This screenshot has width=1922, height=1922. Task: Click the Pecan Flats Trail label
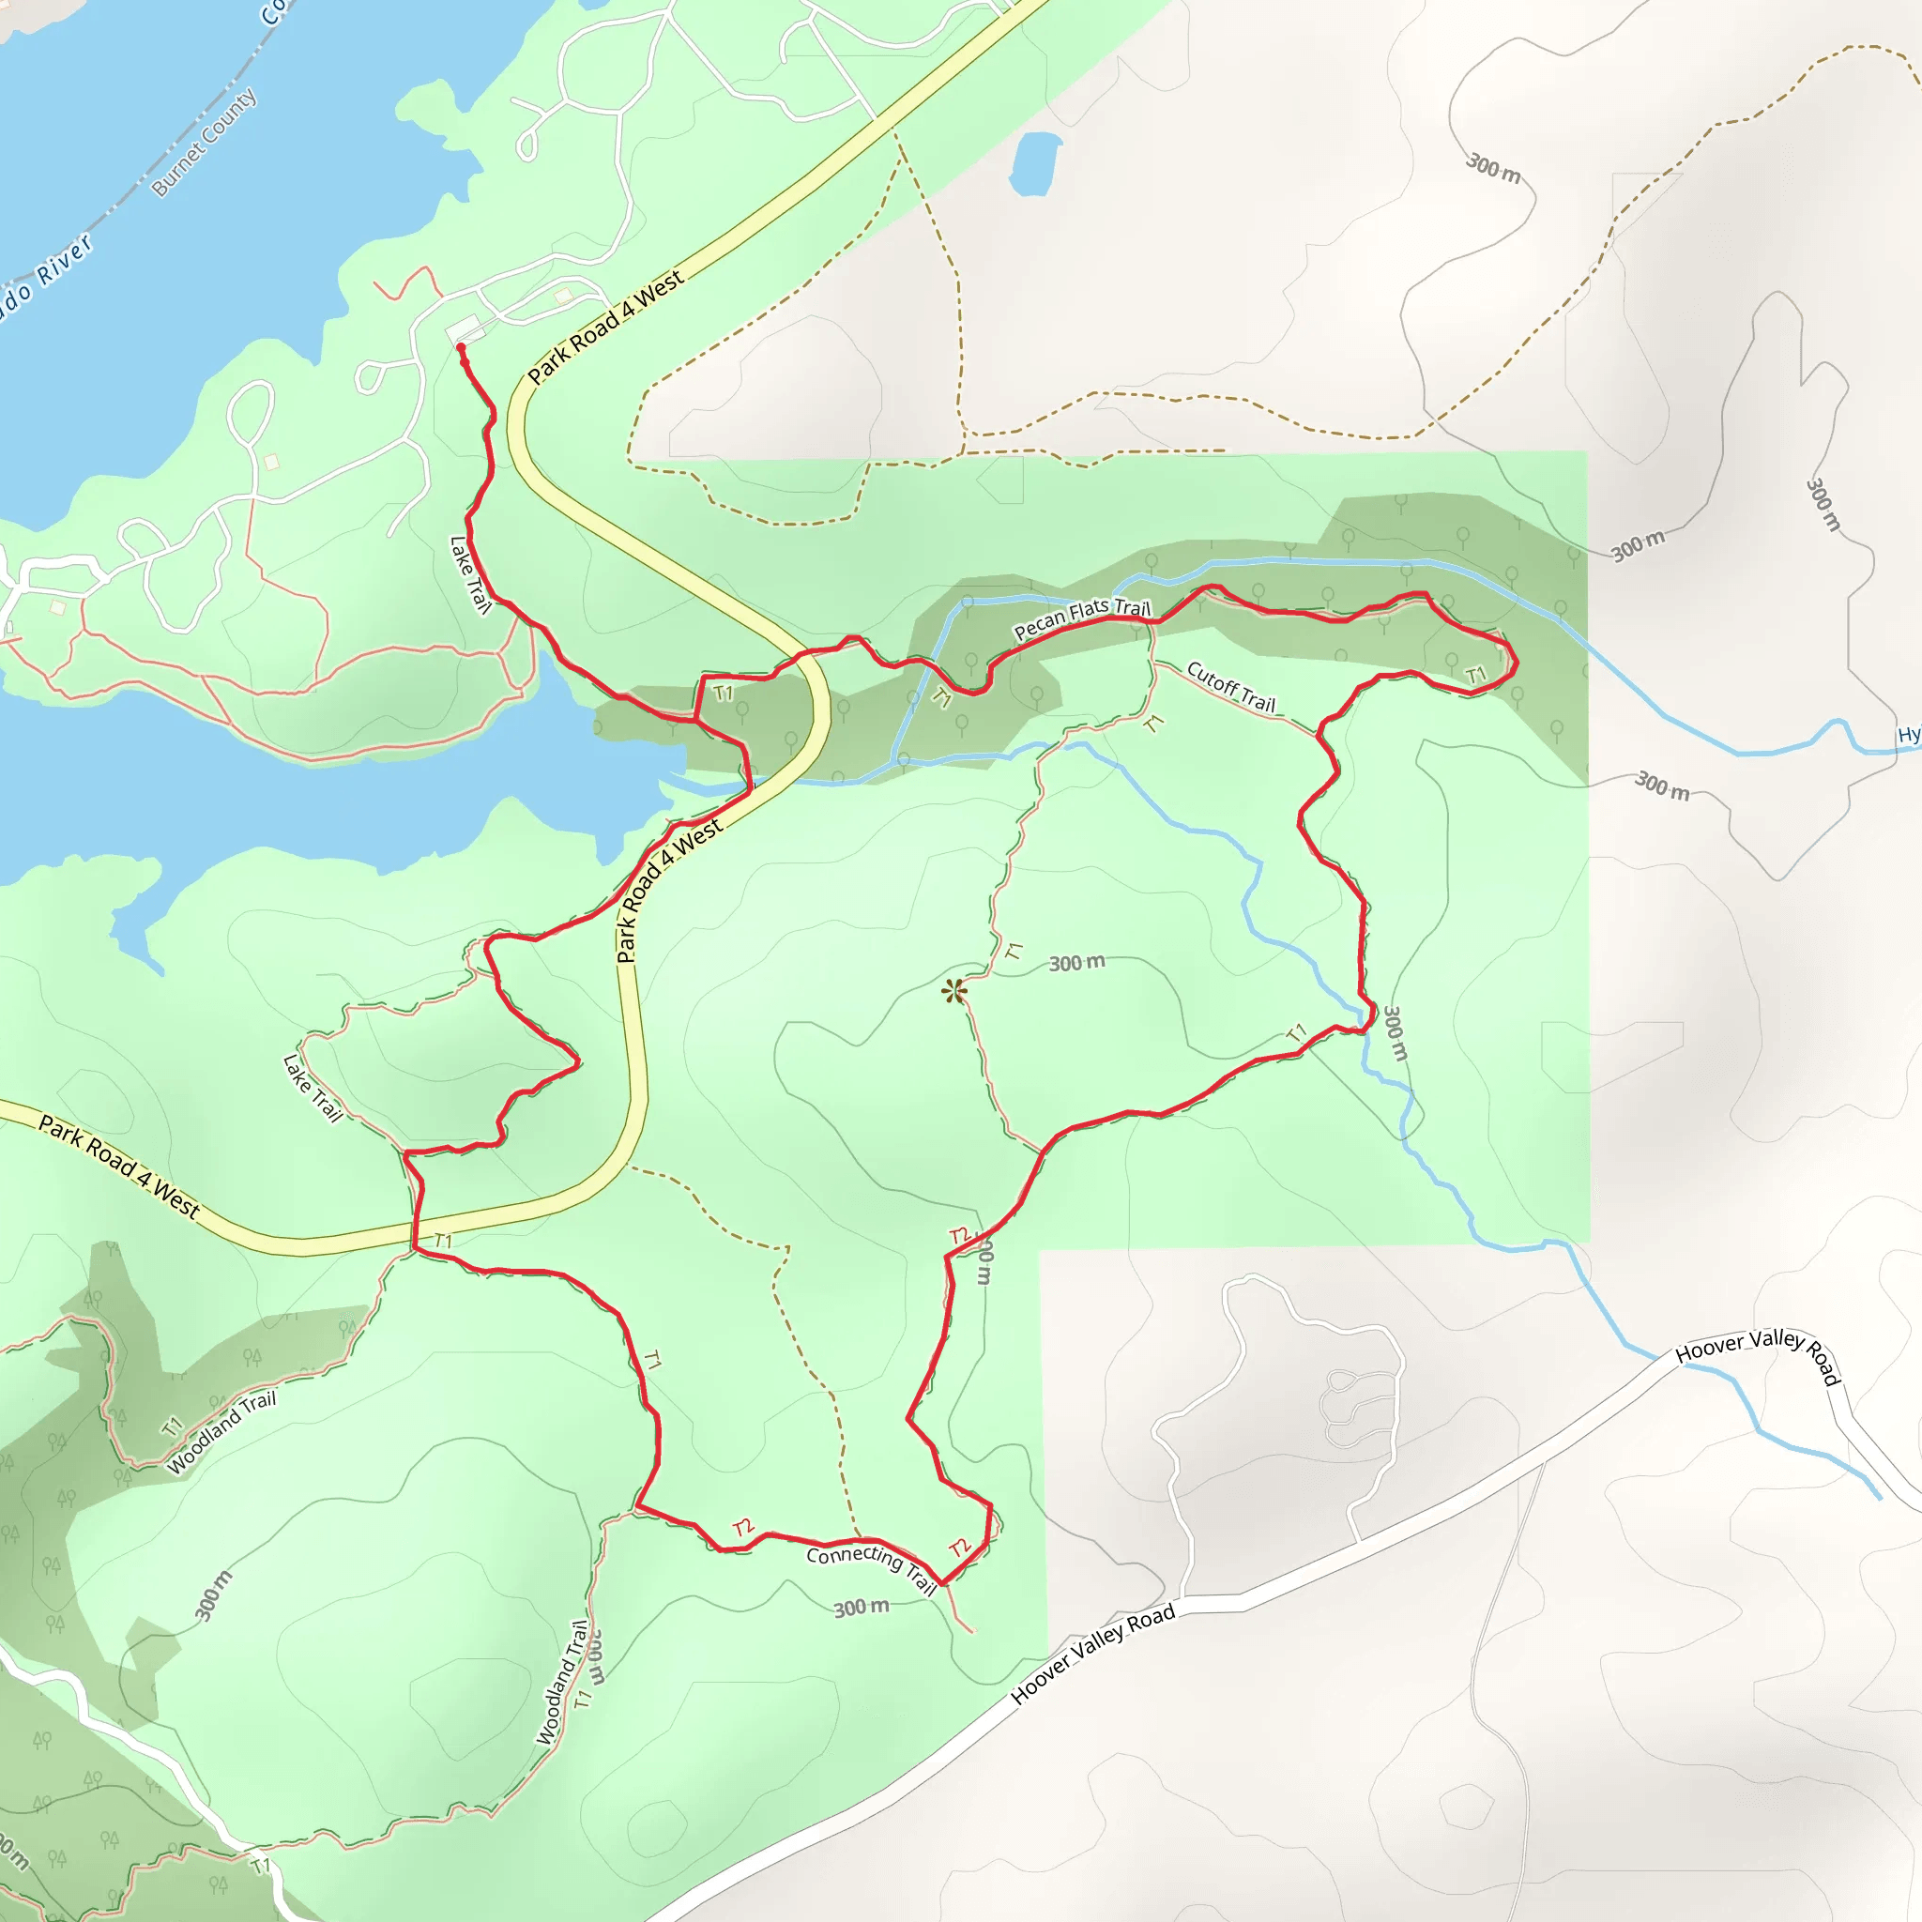click(1081, 618)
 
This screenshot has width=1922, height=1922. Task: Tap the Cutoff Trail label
click(1230, 686)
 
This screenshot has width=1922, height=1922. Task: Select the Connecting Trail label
click(873, 1568)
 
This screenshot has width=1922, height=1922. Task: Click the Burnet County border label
click(204, 143)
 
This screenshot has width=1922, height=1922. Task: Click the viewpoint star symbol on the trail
click(954, 991)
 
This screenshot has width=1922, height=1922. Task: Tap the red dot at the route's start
click(461, 347)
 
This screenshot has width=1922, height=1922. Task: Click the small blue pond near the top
click(1034, 162)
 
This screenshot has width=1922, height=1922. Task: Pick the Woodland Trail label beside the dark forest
click(221, 1432)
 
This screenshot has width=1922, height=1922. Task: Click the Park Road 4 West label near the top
click(605, 327)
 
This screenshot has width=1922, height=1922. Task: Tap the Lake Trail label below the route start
click(470, 575)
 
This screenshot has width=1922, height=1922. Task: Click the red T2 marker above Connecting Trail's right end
click(960, 1547)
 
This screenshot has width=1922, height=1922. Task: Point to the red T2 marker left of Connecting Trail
click(743, 1527)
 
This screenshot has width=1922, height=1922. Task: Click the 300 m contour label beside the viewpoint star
click(1076, 963)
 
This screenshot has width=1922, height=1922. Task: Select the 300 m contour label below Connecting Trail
click(861, 1608)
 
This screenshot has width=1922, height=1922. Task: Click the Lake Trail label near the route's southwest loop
click(313, 1089)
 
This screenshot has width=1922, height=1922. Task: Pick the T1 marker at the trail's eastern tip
click(1475, 677)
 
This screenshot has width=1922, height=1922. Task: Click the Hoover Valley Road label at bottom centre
click(1093, 1653)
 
